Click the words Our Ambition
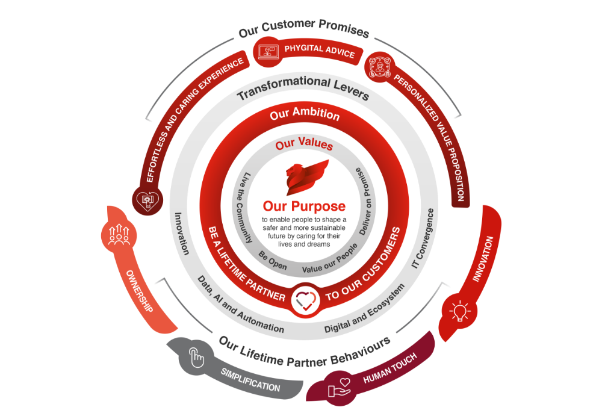305,113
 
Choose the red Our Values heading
304,145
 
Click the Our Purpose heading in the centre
303,205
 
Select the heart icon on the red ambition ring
304,299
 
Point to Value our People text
329,258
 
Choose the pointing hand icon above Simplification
196,356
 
